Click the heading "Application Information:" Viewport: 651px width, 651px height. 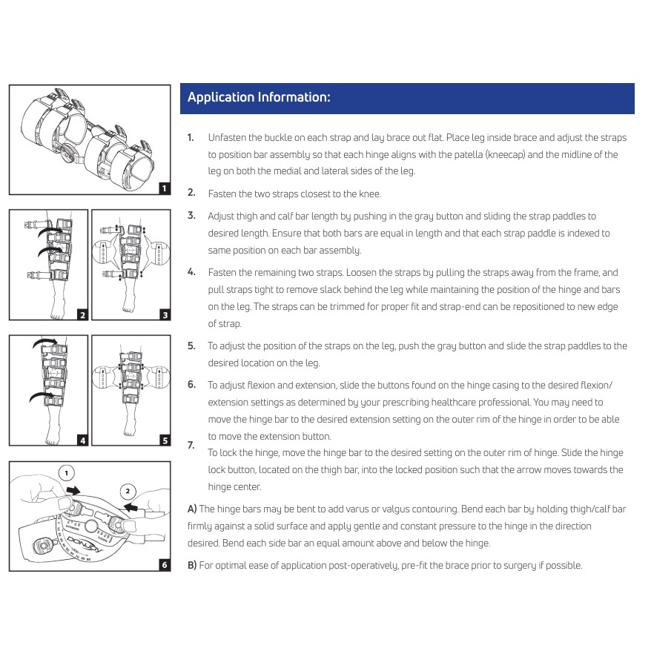coord(259,98)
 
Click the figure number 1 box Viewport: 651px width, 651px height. coord(164,188)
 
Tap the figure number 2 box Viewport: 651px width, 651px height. coord(82,314)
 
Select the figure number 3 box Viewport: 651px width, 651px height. coord(164,314)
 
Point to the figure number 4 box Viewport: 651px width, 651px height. coord(82,440)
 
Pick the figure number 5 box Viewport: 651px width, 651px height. coord(164,440)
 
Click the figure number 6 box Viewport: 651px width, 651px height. coord(164,565)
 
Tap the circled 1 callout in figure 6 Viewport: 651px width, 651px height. coord(66,472)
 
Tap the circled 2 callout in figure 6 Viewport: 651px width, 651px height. coord(127,490)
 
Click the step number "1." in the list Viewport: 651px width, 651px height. coord(191,138)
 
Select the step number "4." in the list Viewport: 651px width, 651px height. coord(191,271)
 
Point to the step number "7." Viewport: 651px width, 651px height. coord(191,445)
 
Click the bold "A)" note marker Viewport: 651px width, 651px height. coord(192,509)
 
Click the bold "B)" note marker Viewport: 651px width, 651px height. coord(192,565)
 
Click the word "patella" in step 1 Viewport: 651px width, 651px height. coord(472,154)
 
